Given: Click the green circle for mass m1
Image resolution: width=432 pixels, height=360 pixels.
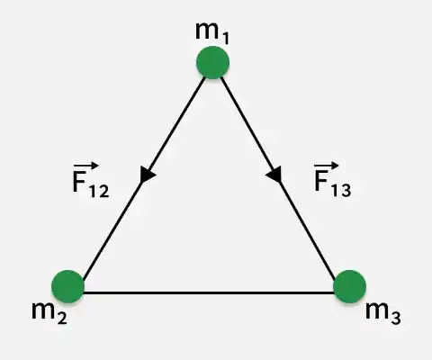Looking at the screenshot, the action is [x=213, y=62].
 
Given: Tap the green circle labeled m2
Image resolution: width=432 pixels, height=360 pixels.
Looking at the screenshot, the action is [x=67, y=286].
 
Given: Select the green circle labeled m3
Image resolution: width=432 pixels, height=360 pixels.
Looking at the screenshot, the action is [x=350, y=286].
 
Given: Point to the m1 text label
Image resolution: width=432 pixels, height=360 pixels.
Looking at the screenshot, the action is [x=212, y=33].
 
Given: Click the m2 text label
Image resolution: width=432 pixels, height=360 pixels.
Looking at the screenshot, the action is [x=49, y=313].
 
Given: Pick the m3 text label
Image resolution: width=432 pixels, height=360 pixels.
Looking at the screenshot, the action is [x=383, y=313].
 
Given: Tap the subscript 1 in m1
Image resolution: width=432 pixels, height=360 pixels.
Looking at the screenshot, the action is [x=225, y=38].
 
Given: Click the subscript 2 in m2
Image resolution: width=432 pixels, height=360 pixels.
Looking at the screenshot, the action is [x=62, y=318].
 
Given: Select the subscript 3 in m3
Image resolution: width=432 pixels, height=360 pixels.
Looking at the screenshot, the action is [x=396, y=318].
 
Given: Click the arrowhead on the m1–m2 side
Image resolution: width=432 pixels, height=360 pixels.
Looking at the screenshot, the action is [x=147, y=175].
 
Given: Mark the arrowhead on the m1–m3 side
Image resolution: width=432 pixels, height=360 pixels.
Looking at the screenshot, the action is [x=274, y=175].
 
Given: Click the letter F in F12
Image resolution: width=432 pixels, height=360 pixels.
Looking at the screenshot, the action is [x=79, y=183].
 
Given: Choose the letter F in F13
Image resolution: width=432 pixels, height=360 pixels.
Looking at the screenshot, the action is [x=321, y=181].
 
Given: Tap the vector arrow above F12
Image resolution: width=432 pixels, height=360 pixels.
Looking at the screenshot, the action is [x=85, y=166].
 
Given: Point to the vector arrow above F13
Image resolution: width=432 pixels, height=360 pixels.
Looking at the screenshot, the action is [x=327, y=166].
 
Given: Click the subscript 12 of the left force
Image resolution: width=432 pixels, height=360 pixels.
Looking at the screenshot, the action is [x=99, y=191].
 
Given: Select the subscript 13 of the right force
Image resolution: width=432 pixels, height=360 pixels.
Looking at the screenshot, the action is [x=341, y=190].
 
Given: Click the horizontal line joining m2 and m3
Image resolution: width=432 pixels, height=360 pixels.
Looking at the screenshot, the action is [x=209, y=292].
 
